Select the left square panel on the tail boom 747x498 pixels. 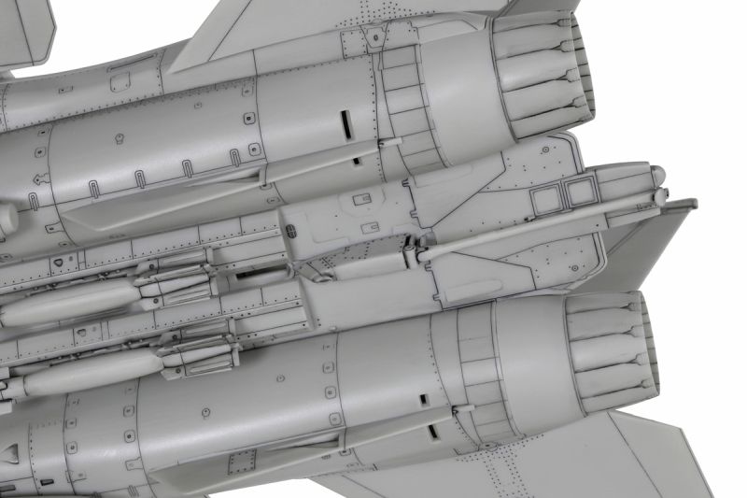[x=545, y=195]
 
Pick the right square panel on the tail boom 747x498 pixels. [x=580, y=192]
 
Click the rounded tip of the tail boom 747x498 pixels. [x=658, y=174]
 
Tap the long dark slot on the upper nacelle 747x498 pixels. [x=344, y=121]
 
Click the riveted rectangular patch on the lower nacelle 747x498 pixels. [x=241, y=461]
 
